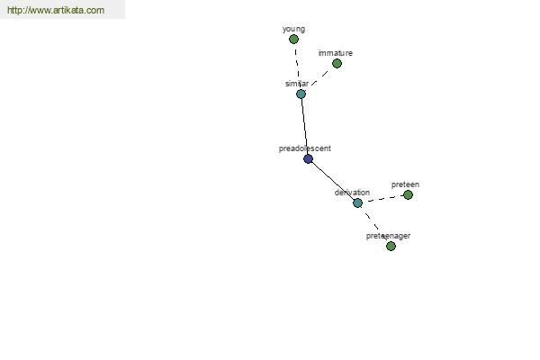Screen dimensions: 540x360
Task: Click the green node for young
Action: [293, 40]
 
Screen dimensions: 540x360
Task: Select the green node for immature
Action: [337, 63]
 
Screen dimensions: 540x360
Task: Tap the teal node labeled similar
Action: [301, 94]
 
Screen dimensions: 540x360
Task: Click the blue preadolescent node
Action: [308, 158]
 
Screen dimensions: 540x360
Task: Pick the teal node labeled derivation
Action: [358, 202]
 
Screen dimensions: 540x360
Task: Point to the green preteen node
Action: [408, 195]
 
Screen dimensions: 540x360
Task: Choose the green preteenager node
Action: [391, 246]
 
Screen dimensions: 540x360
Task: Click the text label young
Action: [293, 30]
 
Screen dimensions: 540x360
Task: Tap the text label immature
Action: [336, 53]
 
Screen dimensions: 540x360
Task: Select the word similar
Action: [297, 84]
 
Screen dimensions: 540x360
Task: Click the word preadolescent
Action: [305, 148]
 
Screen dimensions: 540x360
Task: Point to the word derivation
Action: [352, 193]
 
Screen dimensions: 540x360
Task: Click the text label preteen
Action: [405, 184]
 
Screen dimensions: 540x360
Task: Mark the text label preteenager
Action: [388, 236]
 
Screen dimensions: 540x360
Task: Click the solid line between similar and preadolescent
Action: [304, 126]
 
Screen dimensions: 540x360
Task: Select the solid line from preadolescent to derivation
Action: [333, 181]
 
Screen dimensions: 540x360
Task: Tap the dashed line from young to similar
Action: [297, 67]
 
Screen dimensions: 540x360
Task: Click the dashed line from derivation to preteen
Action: [383, 199]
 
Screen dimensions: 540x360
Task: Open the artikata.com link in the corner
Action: [56, 10]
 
